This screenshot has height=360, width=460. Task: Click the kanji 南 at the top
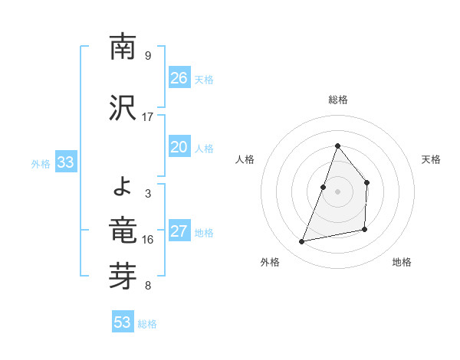[123, 47]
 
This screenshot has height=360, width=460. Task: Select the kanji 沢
[123, 108]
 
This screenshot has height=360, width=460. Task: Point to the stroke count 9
[148, 56]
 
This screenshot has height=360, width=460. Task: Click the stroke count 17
[148, 117]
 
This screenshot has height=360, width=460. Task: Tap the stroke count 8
[148, 286]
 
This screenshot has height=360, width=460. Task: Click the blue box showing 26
[179, 78]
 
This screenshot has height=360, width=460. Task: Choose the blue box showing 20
[179, 147]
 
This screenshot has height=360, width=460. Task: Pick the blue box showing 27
[179, 231]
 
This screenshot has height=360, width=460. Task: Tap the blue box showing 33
[65, 162]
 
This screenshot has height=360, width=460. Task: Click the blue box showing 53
[123, 322]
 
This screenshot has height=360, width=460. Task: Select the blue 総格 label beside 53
[148, 324]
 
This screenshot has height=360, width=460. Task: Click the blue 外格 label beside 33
[41, 163]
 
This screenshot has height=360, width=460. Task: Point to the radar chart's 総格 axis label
[338, 100]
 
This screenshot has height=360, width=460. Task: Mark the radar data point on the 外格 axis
[302, 242]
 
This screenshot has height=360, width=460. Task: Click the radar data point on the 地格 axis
[365, 229]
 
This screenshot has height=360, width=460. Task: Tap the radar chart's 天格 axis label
[432, 159]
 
